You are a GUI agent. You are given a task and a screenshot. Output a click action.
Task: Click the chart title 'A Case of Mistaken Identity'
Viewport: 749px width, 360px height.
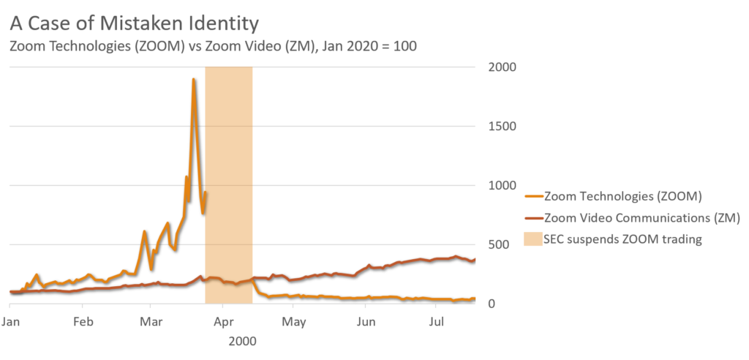[x=134, y=23]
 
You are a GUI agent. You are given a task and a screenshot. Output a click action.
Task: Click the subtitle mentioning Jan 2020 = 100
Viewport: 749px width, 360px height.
[x=212, y=46]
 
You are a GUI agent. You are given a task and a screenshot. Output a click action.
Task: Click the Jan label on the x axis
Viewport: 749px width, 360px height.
[x=10, y=322]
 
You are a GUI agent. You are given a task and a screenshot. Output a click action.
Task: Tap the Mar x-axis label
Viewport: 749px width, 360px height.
[x=151, y=322]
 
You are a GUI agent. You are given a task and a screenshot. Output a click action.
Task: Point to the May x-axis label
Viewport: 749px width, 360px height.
[x=294, y=322]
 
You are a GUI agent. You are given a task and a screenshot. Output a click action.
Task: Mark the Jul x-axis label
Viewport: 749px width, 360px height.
[x=436, y=322]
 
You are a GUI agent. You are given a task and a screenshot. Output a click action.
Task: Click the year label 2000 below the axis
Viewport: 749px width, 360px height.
[x=242, y=341]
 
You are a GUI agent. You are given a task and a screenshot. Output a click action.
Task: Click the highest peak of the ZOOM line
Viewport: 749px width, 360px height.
[x=193, y=79]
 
